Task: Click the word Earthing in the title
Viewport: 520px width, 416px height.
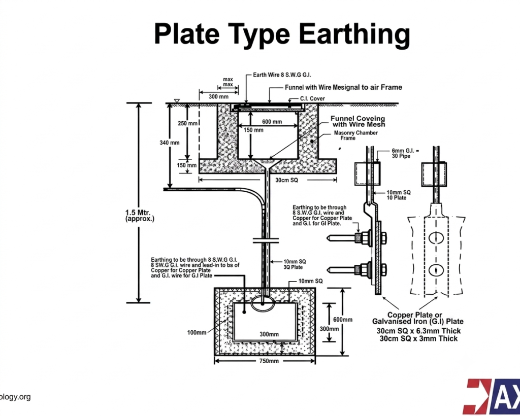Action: (354, 34)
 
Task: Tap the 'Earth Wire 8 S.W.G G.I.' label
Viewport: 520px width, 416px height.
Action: (282, 75)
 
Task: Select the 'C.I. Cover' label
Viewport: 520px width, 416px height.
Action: (312, 98)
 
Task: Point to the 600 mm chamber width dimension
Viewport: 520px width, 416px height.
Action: (272, 122)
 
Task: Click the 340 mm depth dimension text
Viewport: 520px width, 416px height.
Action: (170, 143)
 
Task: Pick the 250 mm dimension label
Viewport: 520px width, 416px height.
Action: (188, 123)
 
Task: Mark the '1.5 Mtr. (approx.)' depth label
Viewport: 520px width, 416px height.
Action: (140, 215)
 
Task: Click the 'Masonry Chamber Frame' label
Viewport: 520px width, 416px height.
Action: (355, 135)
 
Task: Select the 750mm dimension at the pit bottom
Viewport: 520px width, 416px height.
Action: (269, 361)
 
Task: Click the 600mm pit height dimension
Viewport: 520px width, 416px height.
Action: (343, 320)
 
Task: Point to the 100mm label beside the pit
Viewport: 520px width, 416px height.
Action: (197, 332)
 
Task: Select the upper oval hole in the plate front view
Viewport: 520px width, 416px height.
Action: (436, 237)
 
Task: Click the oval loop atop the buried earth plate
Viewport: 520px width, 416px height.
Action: (263, 304)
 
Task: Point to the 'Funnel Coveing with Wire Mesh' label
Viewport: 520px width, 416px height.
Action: (358, 122)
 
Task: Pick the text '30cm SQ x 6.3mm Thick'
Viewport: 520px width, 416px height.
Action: (418, 331)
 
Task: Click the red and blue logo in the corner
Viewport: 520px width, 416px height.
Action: (493, 397)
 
